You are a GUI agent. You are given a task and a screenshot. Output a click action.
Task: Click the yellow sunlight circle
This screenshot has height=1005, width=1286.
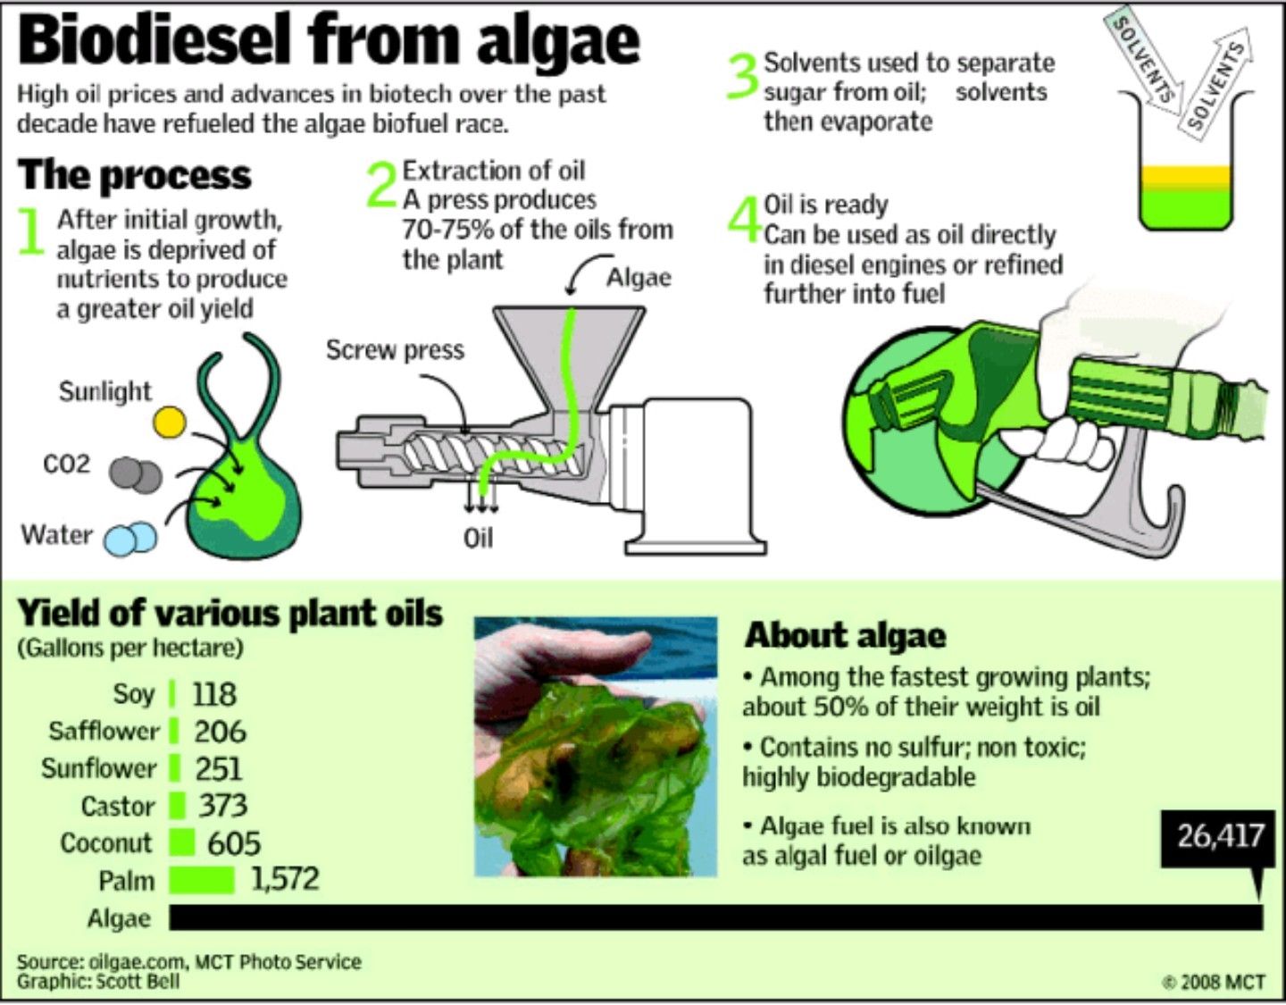tap(169, 422)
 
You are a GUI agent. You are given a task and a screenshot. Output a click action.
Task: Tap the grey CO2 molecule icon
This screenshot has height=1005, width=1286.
tap(136, 473)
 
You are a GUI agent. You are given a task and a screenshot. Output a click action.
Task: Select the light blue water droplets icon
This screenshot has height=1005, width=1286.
tap(130, 539)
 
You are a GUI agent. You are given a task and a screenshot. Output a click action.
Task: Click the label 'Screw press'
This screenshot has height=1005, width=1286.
tap(395, 349)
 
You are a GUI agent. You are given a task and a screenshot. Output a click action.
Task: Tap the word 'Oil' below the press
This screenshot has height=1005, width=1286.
tap(478, 538)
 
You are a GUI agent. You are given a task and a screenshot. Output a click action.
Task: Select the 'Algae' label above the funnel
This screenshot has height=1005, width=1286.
tap(639, 277)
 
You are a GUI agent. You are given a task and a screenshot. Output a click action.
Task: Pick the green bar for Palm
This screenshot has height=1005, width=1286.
tap(201, 880)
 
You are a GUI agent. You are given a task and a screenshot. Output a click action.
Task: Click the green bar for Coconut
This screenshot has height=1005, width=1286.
tap(181, 842)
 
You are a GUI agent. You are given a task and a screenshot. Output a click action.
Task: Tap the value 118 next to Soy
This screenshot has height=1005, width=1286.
tap(214, 694)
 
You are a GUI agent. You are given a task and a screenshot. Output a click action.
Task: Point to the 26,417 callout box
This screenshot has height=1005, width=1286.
tap(1220, 837)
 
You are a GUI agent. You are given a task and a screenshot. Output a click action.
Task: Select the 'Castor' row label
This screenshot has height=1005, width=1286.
tap(117, 806)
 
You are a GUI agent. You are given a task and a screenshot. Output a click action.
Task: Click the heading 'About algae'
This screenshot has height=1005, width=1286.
tap(845, 635)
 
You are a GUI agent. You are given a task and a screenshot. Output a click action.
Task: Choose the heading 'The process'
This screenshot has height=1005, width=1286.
tap(134, 175)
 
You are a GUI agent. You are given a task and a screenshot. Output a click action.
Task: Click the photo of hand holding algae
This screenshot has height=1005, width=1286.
tap(595, 746)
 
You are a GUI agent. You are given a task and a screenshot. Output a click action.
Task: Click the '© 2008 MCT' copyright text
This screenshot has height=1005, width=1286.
tap(1215, 982)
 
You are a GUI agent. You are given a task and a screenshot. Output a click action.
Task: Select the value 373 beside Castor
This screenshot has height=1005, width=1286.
tap(222, 805)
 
